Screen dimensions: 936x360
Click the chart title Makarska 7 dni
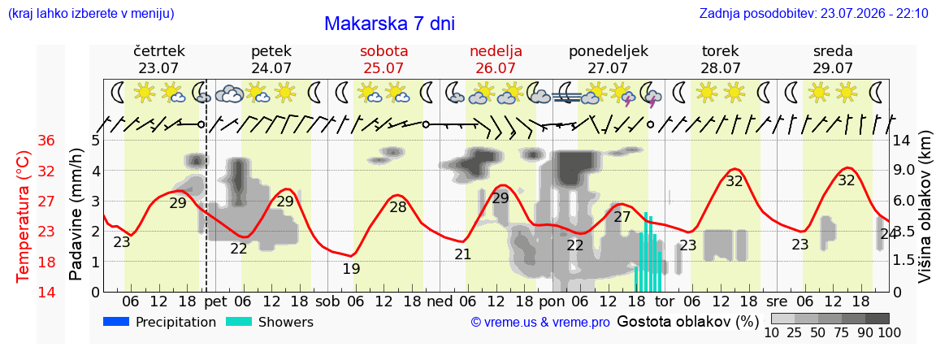point(389,24)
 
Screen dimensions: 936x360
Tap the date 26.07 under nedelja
point(496,67)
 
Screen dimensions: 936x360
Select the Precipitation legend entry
point(159,322)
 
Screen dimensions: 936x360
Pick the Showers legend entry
point(270,322)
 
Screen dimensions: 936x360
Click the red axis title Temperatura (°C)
point(23,216)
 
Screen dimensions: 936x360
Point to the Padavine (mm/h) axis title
point(76,215)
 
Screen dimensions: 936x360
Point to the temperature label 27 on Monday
point(622,217)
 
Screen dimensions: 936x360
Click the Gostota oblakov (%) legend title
point(687,322)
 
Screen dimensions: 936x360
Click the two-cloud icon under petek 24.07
point(228,93)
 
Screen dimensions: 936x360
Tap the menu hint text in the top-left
point(91,13)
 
